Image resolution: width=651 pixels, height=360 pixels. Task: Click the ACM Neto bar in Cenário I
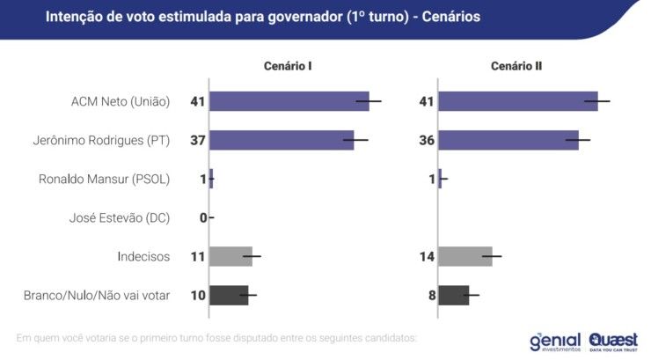coord(290,101)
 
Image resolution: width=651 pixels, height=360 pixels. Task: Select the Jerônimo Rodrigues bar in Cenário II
coord(508,140)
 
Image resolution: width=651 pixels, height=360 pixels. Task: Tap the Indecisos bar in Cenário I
coord(231,256)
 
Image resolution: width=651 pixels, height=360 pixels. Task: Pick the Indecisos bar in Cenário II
coord(464,256)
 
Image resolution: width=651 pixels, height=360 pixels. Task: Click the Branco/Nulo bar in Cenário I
coord(230,295)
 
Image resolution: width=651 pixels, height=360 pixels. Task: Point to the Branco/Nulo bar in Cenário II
coord(454,295)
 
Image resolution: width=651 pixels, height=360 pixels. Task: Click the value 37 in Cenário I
coord(197,140)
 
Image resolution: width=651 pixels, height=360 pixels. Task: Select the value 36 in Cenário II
coord(426,140)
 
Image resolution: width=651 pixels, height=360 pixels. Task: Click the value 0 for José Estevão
coord(202,217)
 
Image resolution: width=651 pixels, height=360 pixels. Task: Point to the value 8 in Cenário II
coord(432,295)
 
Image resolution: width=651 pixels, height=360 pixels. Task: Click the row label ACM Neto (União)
coord(120,101)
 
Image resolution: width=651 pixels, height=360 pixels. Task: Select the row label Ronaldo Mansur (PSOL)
coord(104,179)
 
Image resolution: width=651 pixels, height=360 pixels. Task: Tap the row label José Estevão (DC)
coord(119,217)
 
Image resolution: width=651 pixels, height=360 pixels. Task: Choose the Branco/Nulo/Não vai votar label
coord(97,295)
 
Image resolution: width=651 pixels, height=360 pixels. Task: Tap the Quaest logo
coord(613,341)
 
